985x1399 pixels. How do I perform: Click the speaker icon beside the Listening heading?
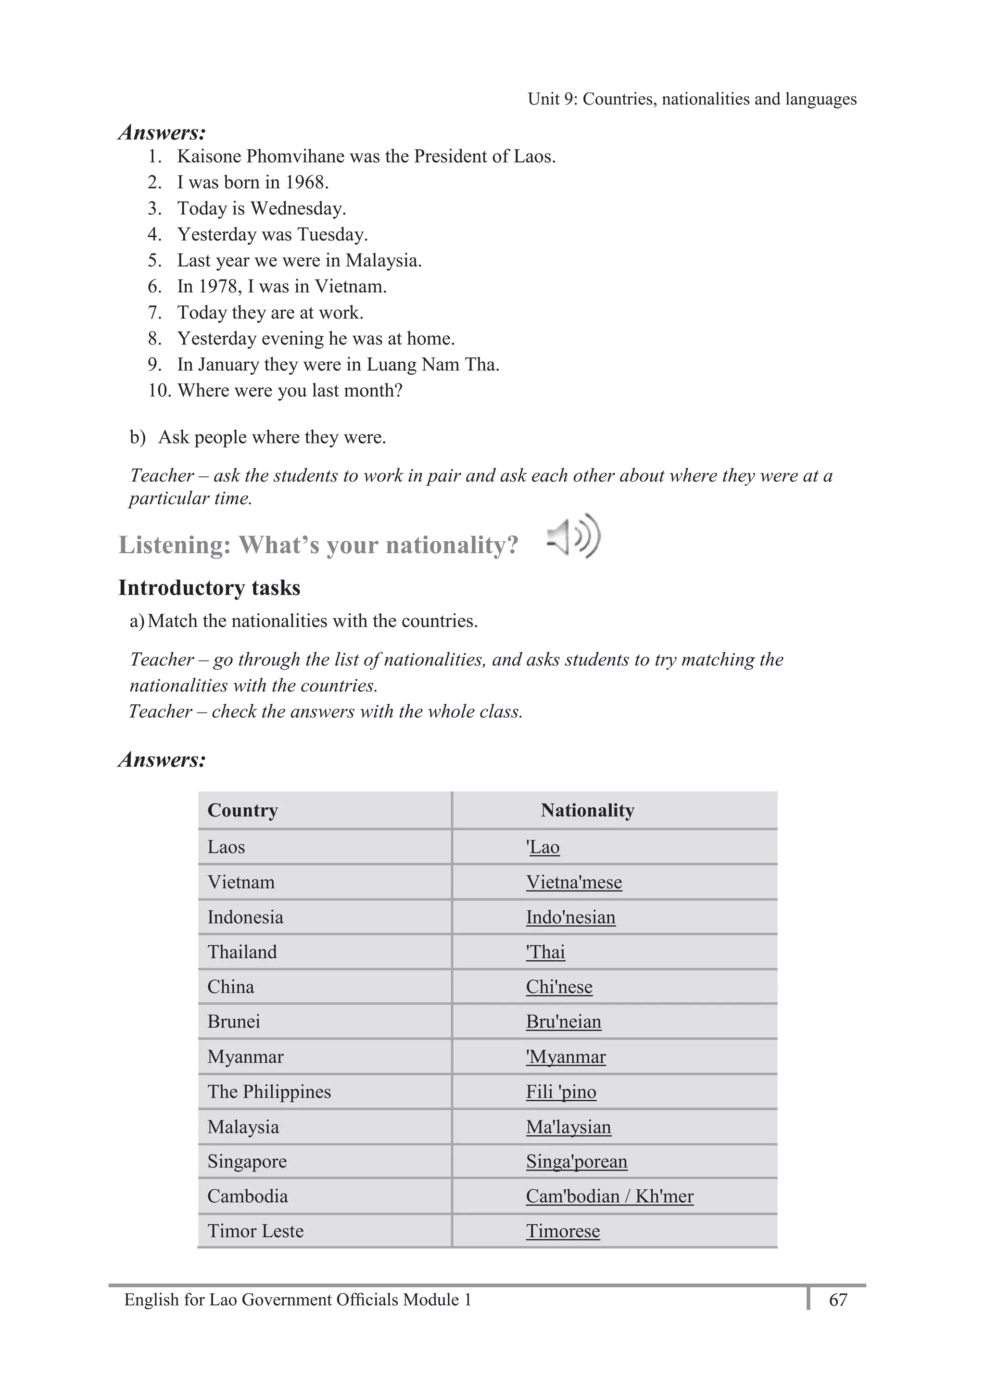coord(574,536)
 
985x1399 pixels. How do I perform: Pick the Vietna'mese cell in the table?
coord(574,882)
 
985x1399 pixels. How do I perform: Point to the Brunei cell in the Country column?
coord(233,1021)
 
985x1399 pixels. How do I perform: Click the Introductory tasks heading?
coord(209,587)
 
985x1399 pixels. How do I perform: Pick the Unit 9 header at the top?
coord(692,99)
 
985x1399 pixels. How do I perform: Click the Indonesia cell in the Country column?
coord(245,917)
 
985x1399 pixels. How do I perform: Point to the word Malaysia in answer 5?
coord(383,260)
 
